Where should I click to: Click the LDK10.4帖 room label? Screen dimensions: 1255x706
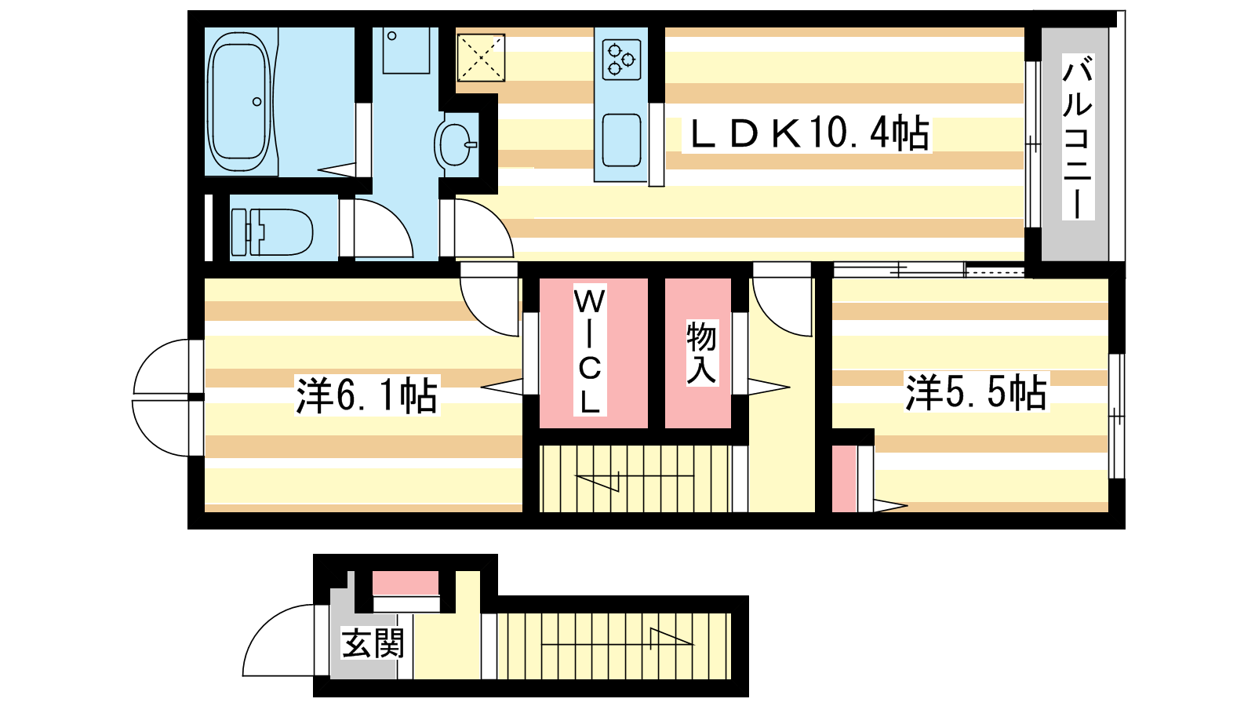click(x=807, y=133)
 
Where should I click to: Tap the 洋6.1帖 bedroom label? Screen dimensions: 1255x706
click(x=367, y=395)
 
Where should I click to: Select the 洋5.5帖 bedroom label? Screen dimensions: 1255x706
click(x=977, y=392)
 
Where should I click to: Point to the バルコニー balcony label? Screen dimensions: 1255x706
click(x=1078, y=137)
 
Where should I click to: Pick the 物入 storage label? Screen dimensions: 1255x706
click(x=701, y=352)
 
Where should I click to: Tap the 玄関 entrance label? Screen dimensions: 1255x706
click(x=373, y=643)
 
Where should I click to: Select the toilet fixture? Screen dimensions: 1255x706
click(x=272, y=231)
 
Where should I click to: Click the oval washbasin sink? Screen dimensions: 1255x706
click(x=455, y=144)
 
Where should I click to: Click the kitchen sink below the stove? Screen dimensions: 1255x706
click(x=621, y=140)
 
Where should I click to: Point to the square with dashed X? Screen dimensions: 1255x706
click(x=481, y=58)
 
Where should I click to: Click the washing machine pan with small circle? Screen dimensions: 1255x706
click(x=406, y=50)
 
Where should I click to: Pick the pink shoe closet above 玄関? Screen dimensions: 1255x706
click(x=406, y=584)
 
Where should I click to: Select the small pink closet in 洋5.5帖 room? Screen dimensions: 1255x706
click(x=844, y=479)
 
